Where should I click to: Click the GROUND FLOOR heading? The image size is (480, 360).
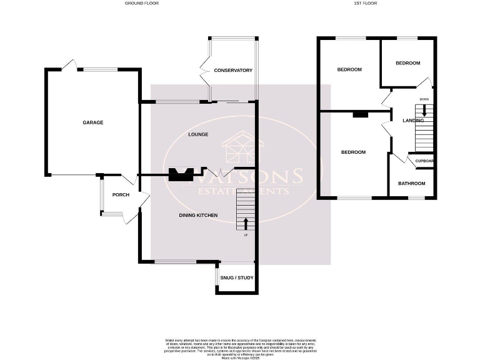click(142, 3)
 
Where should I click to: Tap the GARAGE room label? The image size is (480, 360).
click(93, 122)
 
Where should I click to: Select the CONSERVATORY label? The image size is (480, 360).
click(232, 71)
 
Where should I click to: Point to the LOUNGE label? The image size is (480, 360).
click(198, 134)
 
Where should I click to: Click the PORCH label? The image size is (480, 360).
click(121, 195)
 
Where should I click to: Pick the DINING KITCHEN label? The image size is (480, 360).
click(198, 216)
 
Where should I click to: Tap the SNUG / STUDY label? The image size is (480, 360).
click(237, 277)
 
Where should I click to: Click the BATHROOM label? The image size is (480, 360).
click(412, 184)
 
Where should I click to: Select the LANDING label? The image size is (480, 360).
click(413, 121)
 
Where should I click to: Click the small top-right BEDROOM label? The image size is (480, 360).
click(408, 63)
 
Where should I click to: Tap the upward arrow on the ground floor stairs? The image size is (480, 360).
click(246, 223)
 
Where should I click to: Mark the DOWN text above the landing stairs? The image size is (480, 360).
click(424, 99)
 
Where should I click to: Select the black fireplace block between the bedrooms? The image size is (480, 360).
click(360, 114)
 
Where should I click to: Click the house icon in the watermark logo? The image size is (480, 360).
click(240, 147)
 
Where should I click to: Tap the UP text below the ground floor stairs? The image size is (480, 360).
click(246, 235)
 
